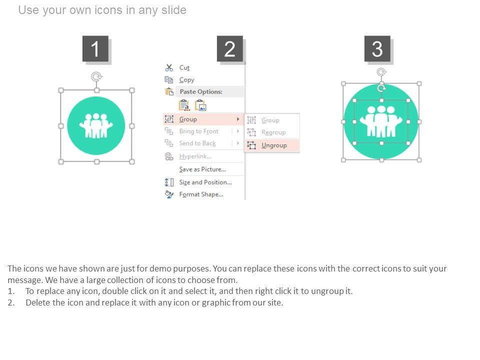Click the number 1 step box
click(x=95, y=48)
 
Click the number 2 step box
click(x=230, y=48)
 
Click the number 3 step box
click(x=377, y=48)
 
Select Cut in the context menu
click(x=184, y=67)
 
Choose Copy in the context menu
click(x=186, y=80)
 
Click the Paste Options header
click(x=201, y=91)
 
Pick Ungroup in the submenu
click(x=274, y=145)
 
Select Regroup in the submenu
click(x=273, y=132)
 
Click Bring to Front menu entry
click(x=199, y=131)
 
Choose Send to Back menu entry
click(x=197, y=143)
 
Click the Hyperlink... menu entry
click(x=195, y=156)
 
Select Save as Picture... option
click(x=202, y=169)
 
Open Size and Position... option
click(x=205, y=182)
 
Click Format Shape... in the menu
click(x=201, y=194)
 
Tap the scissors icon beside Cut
click(x=169, y=67)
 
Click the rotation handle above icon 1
click(x=96, y=76)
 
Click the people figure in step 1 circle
click(x=96, y=125)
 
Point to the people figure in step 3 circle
click(x=381, y=121)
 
